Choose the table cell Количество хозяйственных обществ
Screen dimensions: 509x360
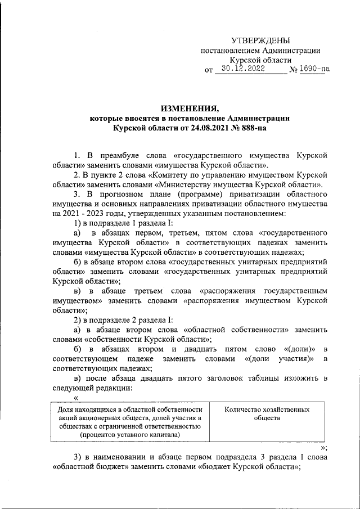point(267,415)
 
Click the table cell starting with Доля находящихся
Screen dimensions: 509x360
point(129,423)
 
